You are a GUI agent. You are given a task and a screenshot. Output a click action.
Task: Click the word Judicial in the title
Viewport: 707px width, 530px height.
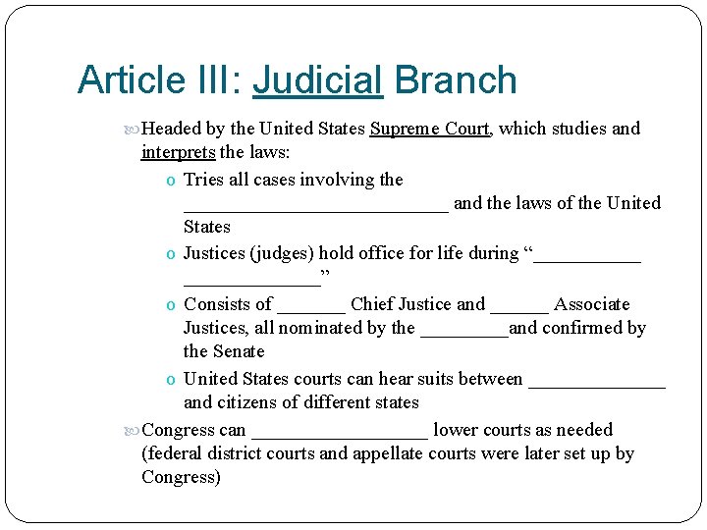(317, 80)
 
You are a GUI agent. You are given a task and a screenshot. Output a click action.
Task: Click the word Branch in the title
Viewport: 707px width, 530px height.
(455, 80)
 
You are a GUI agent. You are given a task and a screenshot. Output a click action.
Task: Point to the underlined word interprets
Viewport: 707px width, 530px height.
(178, 152)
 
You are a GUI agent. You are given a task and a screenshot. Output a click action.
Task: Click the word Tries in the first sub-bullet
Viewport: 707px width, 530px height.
(203, 180)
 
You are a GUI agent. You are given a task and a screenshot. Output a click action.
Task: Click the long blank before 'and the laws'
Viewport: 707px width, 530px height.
(315, 206)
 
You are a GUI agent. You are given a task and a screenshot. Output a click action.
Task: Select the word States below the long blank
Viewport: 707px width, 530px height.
(206, 227)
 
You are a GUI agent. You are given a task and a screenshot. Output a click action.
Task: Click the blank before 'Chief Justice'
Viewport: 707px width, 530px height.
(311, 307)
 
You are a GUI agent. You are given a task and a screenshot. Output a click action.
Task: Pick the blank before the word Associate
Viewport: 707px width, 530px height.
(518, 307)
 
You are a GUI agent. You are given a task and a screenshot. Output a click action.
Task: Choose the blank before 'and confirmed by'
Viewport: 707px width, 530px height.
(463, 332)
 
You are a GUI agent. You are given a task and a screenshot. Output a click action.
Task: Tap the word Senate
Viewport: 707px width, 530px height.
(239, 351)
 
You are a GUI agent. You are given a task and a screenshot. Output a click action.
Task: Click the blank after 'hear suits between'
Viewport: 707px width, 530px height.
(596, 382)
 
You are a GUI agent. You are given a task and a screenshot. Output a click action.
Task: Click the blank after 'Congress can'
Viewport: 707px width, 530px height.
(340, 433)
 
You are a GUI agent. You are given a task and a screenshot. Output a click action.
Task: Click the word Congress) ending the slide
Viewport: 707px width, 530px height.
(182, 478)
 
